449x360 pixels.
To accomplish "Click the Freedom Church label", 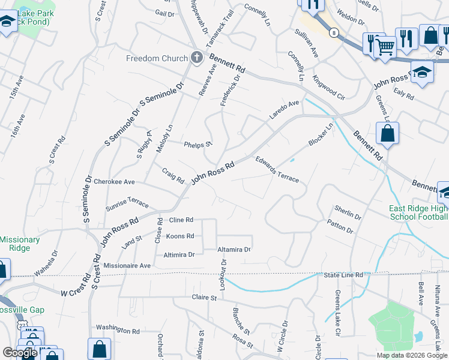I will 157,58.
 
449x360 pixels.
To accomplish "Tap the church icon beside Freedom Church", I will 196,58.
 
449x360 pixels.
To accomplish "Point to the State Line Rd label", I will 344,275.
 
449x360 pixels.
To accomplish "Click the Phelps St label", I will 198,144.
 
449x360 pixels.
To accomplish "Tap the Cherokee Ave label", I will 114,181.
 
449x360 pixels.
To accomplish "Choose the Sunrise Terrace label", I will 127,204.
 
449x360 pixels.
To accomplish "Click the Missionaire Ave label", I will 127,265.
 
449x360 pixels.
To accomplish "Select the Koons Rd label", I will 180,236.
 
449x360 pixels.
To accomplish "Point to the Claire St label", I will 203,297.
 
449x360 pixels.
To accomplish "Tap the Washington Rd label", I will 118,330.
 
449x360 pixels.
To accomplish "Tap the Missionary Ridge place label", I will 20,244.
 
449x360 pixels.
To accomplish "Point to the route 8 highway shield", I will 333,32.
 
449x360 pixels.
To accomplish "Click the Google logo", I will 20,352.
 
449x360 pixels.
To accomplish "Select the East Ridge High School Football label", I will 418,212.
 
